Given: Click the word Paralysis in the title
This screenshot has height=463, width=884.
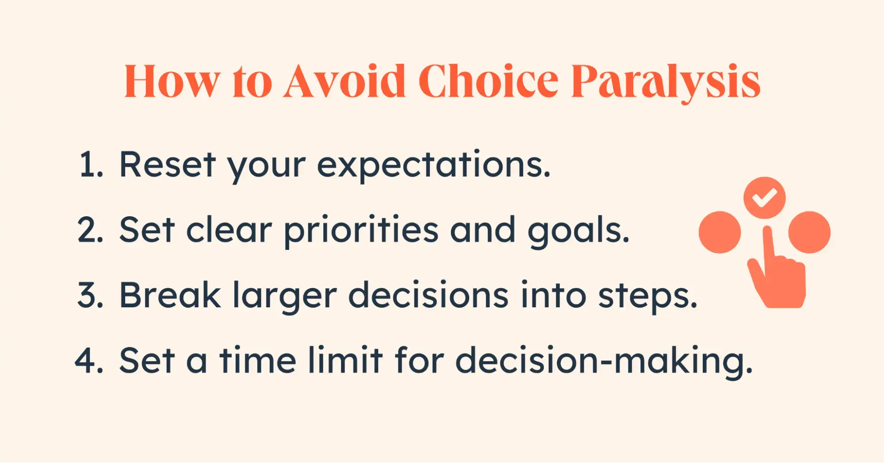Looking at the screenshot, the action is click(666, 82).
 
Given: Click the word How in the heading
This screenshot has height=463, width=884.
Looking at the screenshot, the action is click(172, 81).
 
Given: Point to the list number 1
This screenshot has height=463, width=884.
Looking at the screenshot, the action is click(91, 165).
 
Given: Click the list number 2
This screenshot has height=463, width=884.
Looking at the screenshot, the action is click(91, 230).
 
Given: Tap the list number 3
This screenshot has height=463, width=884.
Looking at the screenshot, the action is click(91, 295).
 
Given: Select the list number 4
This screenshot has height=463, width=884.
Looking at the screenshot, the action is click(90, 360).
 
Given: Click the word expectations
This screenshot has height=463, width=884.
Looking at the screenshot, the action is click(434, 166).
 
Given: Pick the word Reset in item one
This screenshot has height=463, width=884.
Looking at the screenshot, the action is click(168, 165).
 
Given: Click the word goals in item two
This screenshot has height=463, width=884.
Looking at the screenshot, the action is click(579, 231).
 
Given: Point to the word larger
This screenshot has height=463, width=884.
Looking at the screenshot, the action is click(285, 297).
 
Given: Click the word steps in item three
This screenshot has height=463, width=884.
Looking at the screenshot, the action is click(648, 297).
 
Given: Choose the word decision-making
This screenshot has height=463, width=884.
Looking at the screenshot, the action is click(604, 362).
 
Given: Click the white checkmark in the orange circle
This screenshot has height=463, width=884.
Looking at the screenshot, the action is click(765, 198).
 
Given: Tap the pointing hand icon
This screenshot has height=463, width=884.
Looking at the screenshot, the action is click(777, 267).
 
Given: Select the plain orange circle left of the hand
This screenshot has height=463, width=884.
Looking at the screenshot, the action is click(719, 232).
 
